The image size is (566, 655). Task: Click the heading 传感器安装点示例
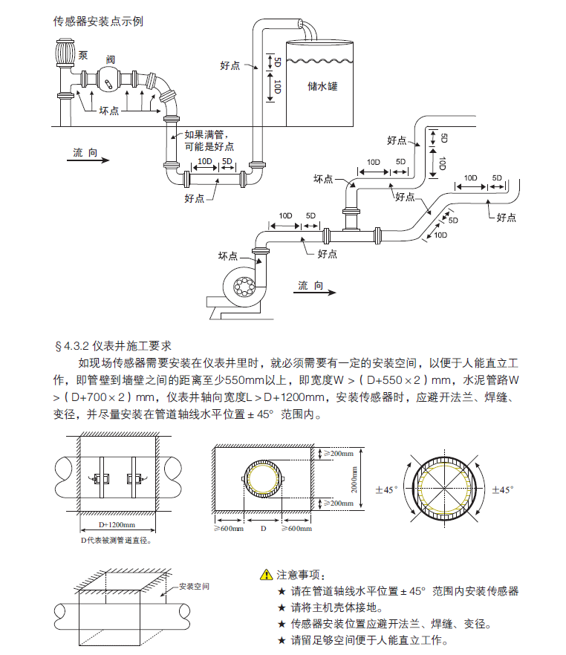(x=98, y=21)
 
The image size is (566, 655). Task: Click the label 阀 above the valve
(x=110, y=59)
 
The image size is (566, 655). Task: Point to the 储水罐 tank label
(x=322, y=86)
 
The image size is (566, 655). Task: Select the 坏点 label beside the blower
(x=227, y=256)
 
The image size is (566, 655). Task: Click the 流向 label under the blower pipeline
(x=310, y=284)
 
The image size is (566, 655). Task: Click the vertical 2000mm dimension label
(x=354, y=479)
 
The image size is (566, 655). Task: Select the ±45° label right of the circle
(x=503, y=489)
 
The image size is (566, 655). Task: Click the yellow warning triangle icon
(x=266, y=575)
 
